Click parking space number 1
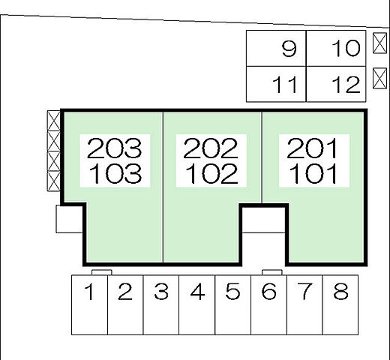pyautogui.click(x=89, y=304)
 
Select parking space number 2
pyautogui.click(x=125, y=304)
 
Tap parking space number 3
pyautogui.click(x=161, y=304)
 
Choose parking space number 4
pyautogui.click(x=197, y=304)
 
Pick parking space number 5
pyautogui.click(x=232, y=304)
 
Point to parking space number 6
pyautogui.click(x=268, y=304)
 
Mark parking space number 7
pyautogui.click(x=304, y=304)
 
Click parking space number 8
pyautogui.click(x=340, y=304)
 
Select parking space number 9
pyautogui.click(x=276, y=49)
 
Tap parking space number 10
pyautogui.click(x=336, y=49)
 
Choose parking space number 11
pyautogui.click(x=276, y=84)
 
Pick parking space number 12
pyautogui.click(x=336, y=84)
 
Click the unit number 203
pyautogui.click(x=114, y=148)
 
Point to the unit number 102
pyautogui.click(x=211, y=173)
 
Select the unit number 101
pyautogui.click(x=313, y=173)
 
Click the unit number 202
pyautogui.click(x=211, y=148)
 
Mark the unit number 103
pyautogui.click(x=115, y=173)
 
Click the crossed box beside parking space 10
pyautogui.click(x=379, y=43)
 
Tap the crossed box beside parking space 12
pyautogui.click(x=379, y=78)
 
